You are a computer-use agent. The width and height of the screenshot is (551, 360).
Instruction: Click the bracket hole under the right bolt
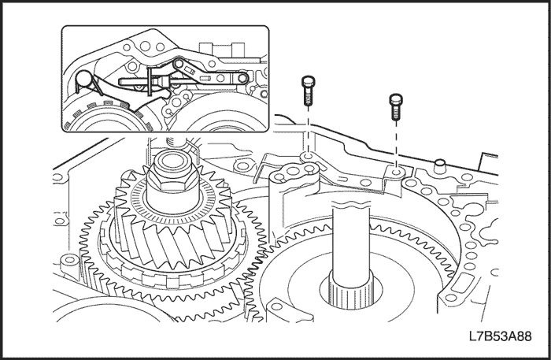point(396,169)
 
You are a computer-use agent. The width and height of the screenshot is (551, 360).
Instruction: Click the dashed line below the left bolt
point(308,130)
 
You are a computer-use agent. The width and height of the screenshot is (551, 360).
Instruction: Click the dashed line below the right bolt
point(396,142)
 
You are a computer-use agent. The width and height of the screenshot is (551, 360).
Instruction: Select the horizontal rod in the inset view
point(134,80)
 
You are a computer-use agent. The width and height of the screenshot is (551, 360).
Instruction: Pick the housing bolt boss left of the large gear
point(68,259)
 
